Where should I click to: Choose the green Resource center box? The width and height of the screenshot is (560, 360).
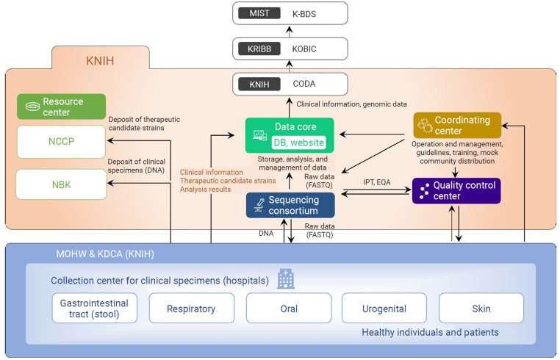62,107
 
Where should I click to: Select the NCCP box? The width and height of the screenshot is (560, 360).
62,140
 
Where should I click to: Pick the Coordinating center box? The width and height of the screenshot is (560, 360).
457,125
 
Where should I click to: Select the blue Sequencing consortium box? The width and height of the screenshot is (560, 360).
290,205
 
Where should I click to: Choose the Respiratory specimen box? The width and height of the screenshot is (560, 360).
192,309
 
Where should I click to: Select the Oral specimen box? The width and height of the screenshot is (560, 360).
289,309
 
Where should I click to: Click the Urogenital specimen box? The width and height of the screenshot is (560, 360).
384,309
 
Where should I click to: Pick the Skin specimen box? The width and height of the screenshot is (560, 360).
481,309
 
